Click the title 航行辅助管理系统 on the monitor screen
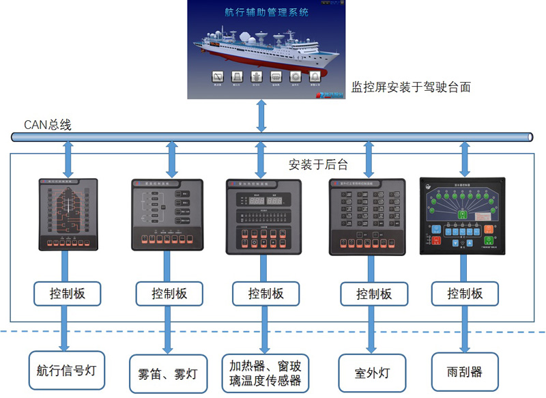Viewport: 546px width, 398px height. [x=266, y=12]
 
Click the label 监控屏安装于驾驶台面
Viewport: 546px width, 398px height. [x=411, y=87]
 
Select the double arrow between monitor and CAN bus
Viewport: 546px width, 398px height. [x=261, y=115]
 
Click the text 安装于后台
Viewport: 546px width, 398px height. [x=318, y=164]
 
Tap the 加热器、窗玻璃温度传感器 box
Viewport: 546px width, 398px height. [x=265, y=373]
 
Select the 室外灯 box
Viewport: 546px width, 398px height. [x=373, y=373]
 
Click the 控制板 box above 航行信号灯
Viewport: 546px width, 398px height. [x=67, y=294]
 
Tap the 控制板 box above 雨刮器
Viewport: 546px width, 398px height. [x=465, y=294]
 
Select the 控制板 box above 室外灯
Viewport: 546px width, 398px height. [x=374, y=294]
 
